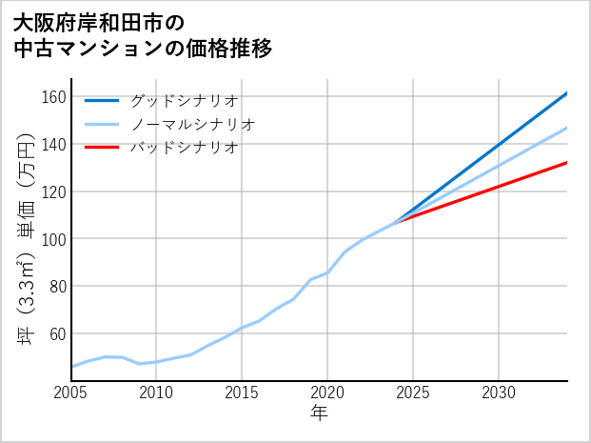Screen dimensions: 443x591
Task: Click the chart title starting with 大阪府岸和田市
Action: point(143,35)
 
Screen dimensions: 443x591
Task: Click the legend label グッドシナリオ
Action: point(184,100)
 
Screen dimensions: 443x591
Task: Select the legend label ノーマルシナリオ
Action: point(192,124)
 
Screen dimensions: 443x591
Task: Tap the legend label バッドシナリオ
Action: point(184,148)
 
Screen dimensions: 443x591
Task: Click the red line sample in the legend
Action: point(102,148)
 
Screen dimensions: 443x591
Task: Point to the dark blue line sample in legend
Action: point(102,100)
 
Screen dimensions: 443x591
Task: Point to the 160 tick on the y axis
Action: point(53,97)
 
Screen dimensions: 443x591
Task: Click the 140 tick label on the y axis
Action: point(53,144)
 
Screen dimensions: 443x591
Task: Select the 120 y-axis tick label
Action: point(53,191)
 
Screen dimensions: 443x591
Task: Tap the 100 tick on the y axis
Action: point(53,238)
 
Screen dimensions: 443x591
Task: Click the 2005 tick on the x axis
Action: point(71,393)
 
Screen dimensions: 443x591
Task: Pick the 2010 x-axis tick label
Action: point(156,393)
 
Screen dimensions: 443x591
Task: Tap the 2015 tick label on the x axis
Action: point(242,393)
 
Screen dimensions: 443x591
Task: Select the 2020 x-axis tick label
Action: point(327,393)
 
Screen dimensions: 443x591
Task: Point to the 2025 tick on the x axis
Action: point(413,393)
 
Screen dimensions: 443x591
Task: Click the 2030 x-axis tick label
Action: point(499,393)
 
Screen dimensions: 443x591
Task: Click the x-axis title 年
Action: point(319,413)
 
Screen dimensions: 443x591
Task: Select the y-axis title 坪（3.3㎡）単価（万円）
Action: point(26,238)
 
